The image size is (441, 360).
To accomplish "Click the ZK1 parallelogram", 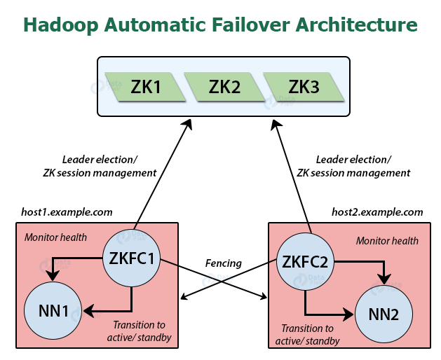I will [146, 86].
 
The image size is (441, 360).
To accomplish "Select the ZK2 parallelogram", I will [224, 86].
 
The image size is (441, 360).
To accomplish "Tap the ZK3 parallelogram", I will [304, 86].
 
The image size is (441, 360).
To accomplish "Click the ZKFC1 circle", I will [132, 258].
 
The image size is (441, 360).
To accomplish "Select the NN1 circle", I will [53, 309].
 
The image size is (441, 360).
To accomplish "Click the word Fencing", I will [223, 264].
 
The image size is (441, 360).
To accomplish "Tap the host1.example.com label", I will [67, 212].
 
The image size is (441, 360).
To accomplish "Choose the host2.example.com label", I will [377, 212].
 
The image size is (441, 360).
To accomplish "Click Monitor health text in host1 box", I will [55, 237].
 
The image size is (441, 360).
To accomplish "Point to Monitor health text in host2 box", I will [387, 241].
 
